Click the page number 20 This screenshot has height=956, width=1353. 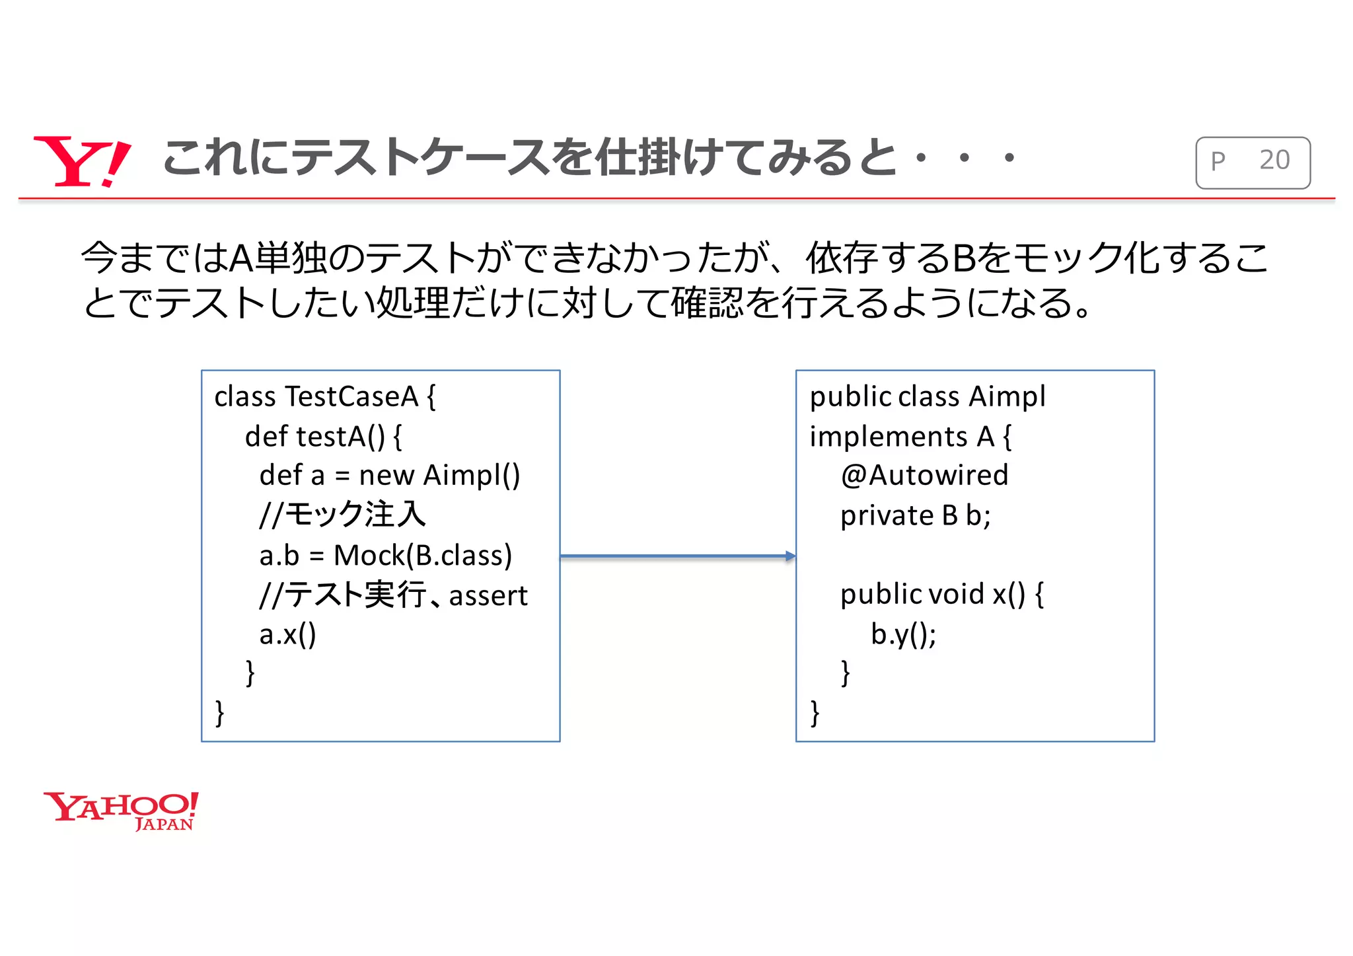click(x=1274, y=161)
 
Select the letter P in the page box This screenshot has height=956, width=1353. click(x=1218, y=161)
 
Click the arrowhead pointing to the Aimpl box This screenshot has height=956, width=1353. click(x=790, y=556)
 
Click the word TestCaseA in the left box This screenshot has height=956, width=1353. click(x=353, y=397)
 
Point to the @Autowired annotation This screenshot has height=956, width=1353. click(x=924, y=476)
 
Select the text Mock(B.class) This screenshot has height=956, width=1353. click(x=423, y=556)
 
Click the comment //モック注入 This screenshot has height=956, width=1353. click(x=342, y=515)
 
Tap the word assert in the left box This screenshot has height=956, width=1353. click(x=488, y=596)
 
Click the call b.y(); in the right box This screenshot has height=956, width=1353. click(x=903, y=635)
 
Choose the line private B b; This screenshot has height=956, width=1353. click(x=915, y=516)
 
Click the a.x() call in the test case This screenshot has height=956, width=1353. click(x=287, y=635)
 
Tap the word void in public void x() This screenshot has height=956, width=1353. click(x=957, y=595)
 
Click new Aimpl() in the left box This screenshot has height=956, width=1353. click(x=439, y=476)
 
